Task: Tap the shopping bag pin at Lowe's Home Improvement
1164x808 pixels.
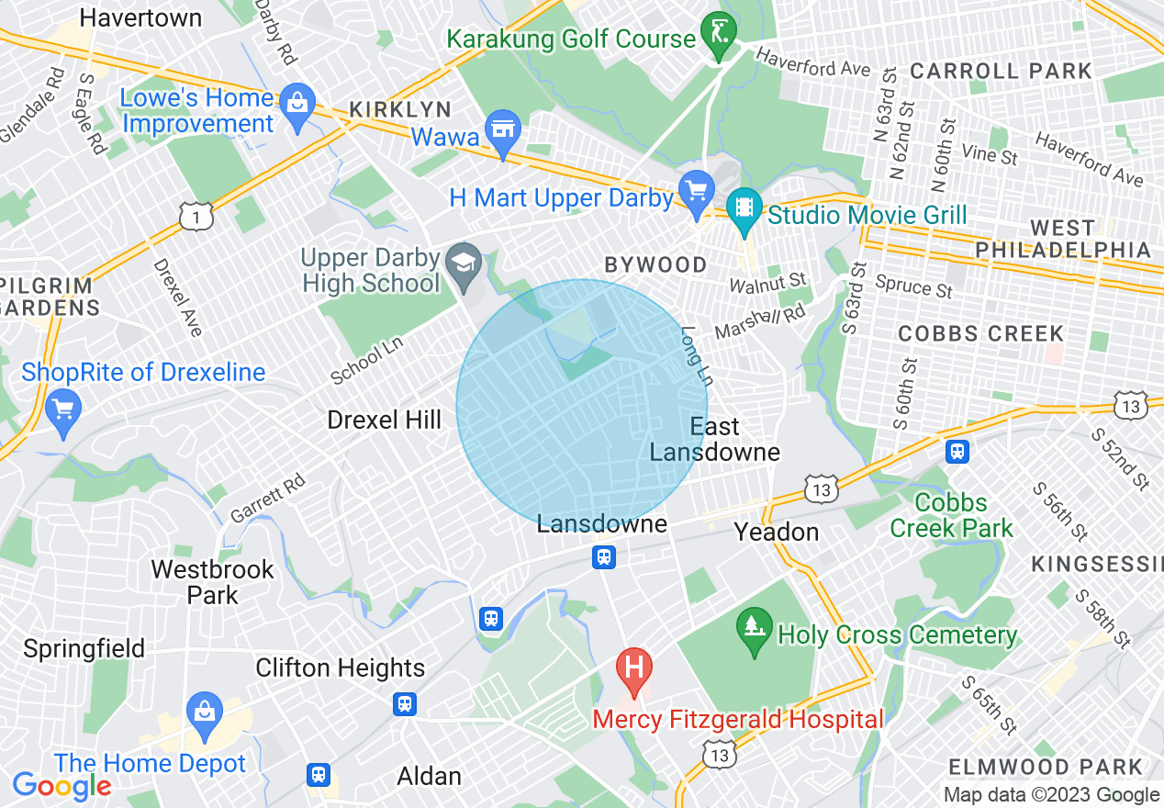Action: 297,100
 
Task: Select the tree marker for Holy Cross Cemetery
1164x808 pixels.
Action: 754,627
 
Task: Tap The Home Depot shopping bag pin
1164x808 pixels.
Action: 205,713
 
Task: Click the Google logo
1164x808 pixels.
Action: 62,786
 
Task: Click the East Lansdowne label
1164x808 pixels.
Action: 715,440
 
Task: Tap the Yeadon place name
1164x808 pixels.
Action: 776,533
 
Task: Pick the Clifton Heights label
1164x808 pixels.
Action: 340,668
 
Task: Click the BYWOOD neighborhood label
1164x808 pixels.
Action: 655,265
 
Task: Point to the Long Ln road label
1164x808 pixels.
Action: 697,357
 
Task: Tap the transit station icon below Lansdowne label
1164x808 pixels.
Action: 603,556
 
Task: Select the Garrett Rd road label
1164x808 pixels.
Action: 267,498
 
